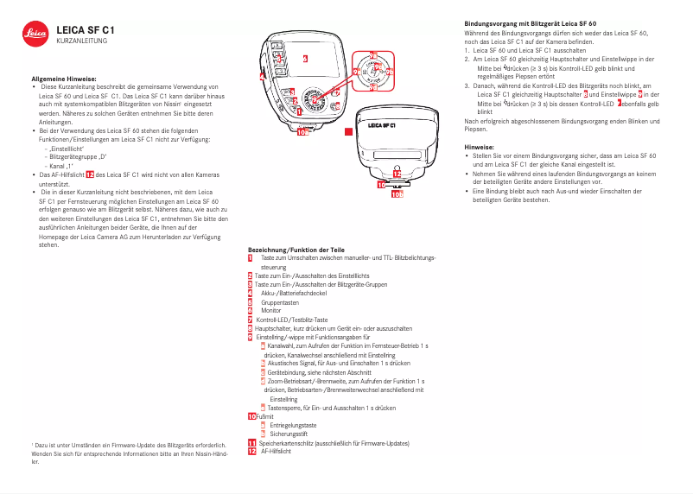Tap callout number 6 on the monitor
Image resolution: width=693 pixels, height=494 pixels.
coord(305,59)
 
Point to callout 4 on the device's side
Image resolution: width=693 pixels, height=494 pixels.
coord(262,75)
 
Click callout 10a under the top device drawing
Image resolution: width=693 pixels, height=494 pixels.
coord(300,133)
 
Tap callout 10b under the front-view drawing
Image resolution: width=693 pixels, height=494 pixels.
coord(397,195)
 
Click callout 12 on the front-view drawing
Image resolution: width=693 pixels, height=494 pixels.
coord(396,174)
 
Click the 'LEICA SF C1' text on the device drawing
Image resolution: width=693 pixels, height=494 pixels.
coord(382,124)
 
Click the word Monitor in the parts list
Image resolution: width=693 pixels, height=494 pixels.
coord(270,310)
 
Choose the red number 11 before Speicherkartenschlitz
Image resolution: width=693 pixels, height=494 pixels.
coord(251,443)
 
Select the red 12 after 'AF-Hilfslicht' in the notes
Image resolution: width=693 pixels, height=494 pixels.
coord(90,174)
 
